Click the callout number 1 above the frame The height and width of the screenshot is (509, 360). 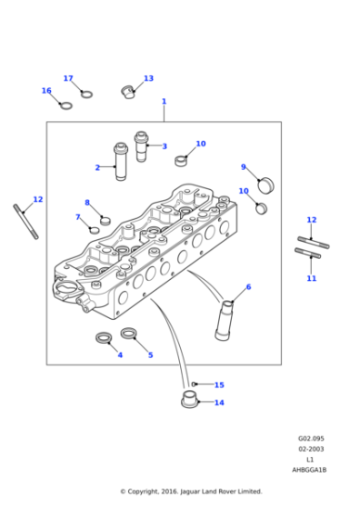(164, 102)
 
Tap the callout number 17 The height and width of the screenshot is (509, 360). (68, 79)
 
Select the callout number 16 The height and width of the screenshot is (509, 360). (46, 91)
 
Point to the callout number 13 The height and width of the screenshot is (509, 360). (148, 79)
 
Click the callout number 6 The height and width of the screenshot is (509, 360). (248, 287)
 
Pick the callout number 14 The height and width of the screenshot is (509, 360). (219, 403)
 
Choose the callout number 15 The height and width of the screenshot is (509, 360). (219, 384)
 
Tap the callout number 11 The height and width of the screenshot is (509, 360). (311, 278)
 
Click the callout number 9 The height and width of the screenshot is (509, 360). (243, 167)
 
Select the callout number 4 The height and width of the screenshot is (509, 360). (119, 354)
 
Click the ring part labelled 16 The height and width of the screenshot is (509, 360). (65, 105)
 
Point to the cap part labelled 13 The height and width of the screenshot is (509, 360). (128, 90)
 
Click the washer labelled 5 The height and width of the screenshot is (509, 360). (129, 334)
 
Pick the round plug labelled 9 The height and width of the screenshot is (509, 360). (265, 185)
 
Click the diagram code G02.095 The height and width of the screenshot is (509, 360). (311, 438)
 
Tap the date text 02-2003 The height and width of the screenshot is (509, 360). (311, 449)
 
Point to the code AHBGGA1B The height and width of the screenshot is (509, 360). (309, 470)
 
